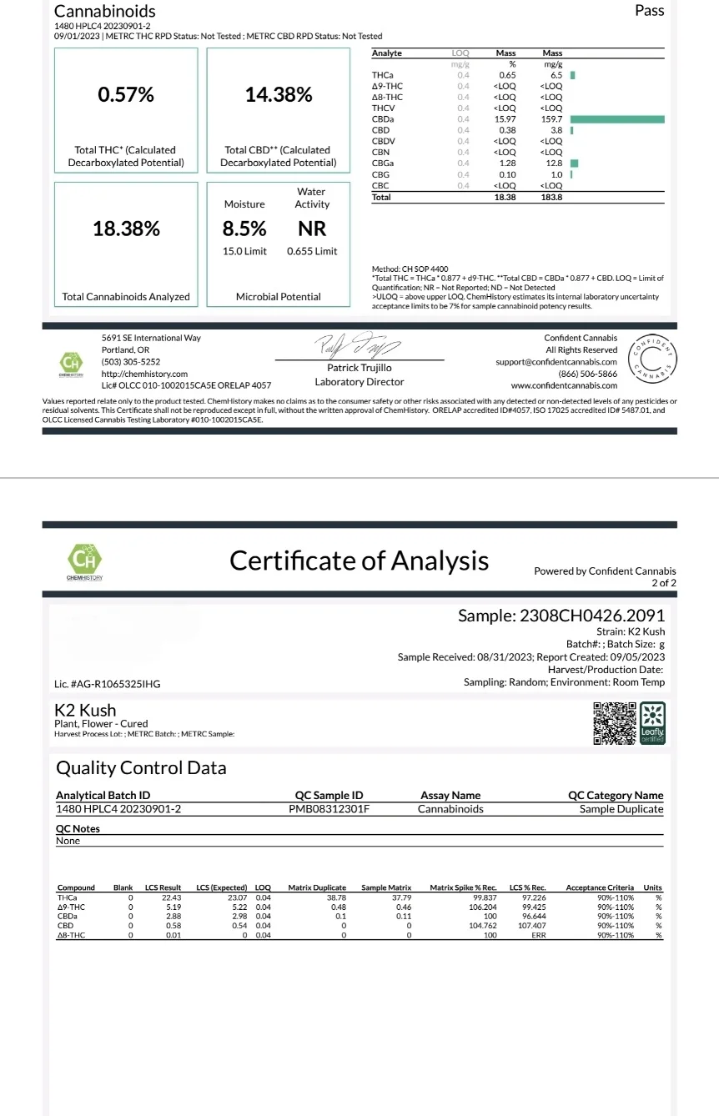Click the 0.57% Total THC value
tap(126, 95)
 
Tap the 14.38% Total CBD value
tap(279, 95)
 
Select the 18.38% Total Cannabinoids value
tap(126, 229)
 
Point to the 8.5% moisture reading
tap(244, 229)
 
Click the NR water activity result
tap(312, 229)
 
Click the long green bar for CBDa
tap(617, 119)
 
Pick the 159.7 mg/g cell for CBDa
tap(552, 119)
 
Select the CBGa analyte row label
tap(384, 163)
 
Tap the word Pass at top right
tap(649, 11)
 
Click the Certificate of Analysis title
tap(359, 561)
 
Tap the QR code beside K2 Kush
tap(613, 723)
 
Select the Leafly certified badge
tap(652, 723)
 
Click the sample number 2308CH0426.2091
tap(592, 616)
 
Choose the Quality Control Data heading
tap(141, 767)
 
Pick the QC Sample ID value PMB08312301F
tap(329, 809)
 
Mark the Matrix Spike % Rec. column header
tap(463, 887)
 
